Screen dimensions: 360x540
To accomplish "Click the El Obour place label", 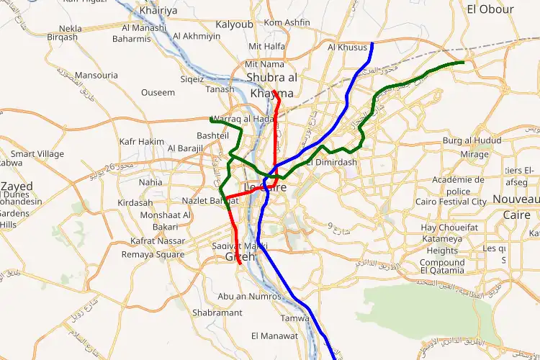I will [x=490, y=9].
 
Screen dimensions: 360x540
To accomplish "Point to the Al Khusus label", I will [x=347, y=48].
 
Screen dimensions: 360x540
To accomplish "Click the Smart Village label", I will [x=37, y=154].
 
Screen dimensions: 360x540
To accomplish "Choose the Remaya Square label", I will [x=153, y=255].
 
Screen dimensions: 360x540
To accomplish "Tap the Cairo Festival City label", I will [x=451, y=202].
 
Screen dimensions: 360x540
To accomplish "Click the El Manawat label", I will [x=274, y=336].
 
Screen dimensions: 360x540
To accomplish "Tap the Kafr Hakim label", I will [x=142, y=142].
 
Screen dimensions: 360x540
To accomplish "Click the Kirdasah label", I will [x=135, y=204].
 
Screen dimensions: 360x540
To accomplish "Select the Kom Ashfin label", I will [x=287, y=23].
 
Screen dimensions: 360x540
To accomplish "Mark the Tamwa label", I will [x=294, y=318].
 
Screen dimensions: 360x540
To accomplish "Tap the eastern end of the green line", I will [x=463, y=63].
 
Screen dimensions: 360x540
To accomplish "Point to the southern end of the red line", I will [x=240, y=266].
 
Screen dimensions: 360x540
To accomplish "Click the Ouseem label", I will [x=158, y=93].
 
